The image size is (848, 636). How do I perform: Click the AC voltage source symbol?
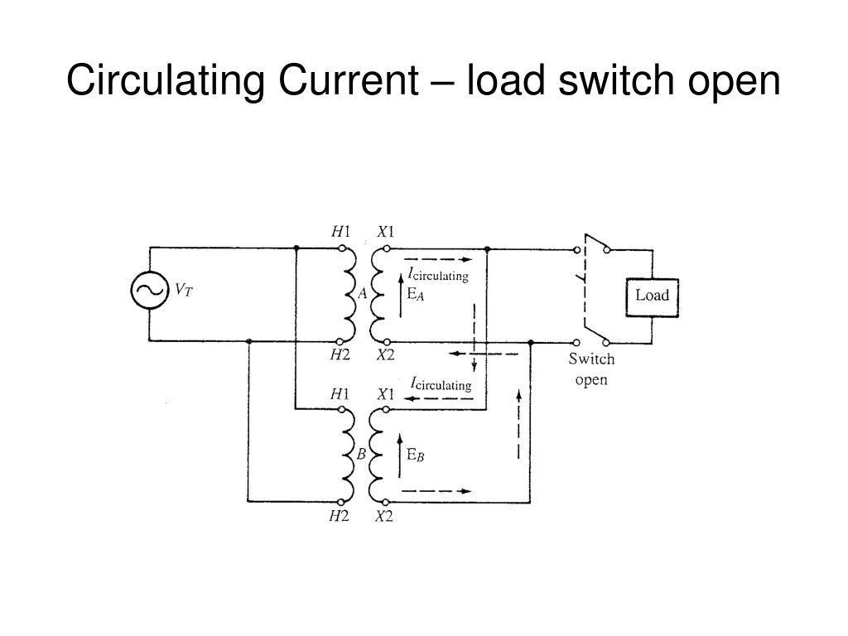[149, 290]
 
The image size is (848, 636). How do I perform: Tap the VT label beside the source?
[183, 290]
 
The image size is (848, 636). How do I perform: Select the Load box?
[652, 297]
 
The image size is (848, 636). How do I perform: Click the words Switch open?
[591, 369]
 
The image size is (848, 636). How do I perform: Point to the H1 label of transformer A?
[340, 232]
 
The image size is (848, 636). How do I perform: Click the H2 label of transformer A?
[340, 354]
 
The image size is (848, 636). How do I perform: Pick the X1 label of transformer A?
[386, 232]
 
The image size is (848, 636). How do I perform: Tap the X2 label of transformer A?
[386, 354]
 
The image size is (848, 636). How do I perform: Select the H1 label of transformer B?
[340, 394]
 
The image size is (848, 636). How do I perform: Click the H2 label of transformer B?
[339, 516]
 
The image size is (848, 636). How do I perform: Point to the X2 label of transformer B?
[384, 516]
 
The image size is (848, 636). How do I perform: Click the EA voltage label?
[416, 294]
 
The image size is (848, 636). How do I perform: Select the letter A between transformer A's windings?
[363, 293]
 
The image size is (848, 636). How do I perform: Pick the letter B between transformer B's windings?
[361, 454]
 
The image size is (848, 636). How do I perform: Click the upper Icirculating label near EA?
[438, 274]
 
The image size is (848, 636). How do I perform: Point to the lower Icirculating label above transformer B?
[441, 384]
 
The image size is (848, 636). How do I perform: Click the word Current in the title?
[349, 80]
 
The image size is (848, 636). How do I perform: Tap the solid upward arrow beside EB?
[400, 455]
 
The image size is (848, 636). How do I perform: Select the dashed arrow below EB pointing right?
[436, 491]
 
